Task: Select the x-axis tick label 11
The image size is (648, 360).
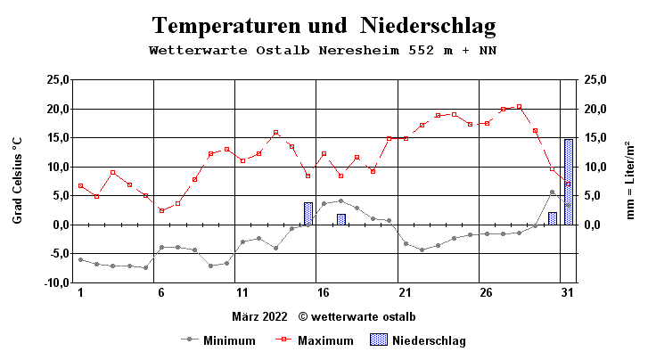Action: tap(241, 293)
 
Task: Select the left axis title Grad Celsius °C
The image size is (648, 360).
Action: tap(17, 180)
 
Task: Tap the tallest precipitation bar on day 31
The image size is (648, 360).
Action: tap(569, 182)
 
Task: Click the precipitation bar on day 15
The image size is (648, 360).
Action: tap(308, 214)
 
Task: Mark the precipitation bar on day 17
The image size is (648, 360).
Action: tap(340, 219)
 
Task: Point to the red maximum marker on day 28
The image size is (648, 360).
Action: tap(519, 107)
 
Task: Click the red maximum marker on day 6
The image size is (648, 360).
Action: tap(161, 210)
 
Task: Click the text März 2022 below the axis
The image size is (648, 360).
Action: tap(261, 316)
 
